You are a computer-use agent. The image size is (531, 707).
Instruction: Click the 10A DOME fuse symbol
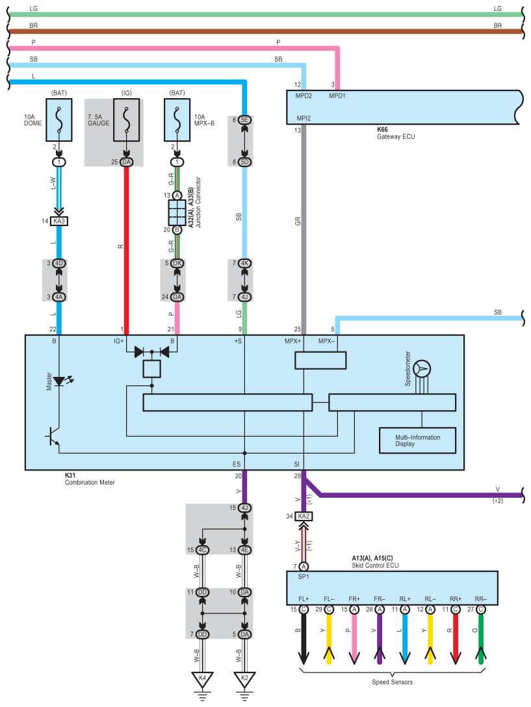pos(59,120)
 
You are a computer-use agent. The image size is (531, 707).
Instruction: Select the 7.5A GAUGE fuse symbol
pos(126,120)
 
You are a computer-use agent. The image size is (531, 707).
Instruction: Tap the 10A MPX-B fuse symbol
pos(177,120)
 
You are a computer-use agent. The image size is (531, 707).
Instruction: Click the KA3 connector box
pos(59,221)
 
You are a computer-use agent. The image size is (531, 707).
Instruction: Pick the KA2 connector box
pos(304,516)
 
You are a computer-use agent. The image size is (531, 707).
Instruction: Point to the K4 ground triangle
pos(202,679)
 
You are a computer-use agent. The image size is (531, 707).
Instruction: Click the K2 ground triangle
pos(244,679)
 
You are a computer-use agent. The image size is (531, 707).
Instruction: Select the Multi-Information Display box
pos(417,441)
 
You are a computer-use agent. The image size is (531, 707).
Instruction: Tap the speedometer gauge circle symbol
pos(422,369)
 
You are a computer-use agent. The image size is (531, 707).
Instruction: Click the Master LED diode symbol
pos(59,381)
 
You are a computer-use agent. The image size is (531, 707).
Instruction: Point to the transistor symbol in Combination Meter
pos(53,437)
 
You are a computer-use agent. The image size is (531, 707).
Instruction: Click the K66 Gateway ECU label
pos(396,133)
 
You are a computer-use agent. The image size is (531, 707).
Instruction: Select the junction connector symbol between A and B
pos(177,213)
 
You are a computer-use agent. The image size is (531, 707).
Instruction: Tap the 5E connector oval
pos(244,120)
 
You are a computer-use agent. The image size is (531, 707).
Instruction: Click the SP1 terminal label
pos(304,576)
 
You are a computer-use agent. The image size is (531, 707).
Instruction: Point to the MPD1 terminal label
pos(337,96)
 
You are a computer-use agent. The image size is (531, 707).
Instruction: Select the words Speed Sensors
pos(392,682)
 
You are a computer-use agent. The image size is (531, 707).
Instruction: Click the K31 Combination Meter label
pos(90,479)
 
